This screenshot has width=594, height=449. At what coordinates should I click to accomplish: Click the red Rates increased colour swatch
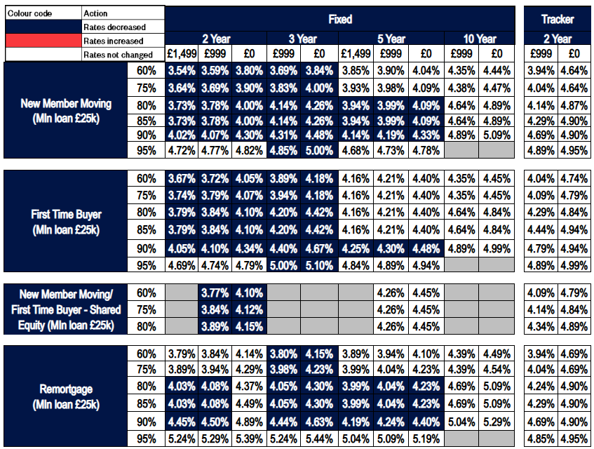[42, 41]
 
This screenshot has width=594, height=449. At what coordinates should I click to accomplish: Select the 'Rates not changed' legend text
[117, 55]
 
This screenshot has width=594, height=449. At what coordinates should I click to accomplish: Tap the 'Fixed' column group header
[341, 19]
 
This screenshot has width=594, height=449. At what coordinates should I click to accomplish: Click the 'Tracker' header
[558, 19]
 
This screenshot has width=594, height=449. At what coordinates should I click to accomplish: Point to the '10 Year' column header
[479, 39]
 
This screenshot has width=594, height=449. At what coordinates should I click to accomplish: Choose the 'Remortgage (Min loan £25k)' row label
[66, 396]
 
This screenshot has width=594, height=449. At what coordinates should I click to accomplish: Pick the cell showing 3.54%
[182, 70]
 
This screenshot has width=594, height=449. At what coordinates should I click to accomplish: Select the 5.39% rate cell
[250, 438]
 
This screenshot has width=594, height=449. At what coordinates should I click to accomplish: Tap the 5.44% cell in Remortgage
[319, 438]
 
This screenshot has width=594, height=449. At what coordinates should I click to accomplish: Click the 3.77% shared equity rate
[216, 293]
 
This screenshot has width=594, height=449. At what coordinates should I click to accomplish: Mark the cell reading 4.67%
[319, 249]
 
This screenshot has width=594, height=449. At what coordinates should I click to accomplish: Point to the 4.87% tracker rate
[574, 105]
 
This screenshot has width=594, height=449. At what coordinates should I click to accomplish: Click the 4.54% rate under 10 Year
[497, 369]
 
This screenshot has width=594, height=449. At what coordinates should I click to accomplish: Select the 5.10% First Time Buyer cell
[319, 265]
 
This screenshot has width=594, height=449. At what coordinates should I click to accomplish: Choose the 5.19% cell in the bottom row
[426, 438]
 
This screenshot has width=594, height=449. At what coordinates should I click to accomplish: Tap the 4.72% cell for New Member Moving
[182, 149]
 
